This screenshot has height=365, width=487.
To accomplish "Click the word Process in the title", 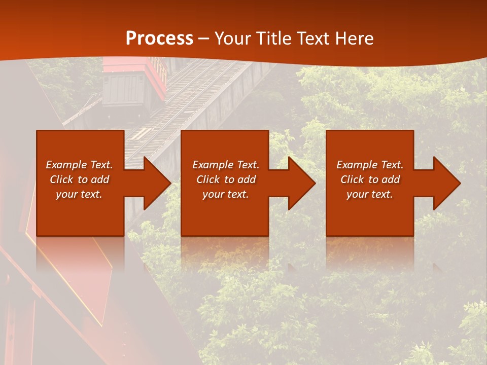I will (x=159, y=39).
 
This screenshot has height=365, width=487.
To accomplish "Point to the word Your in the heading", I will (x=233, y=39).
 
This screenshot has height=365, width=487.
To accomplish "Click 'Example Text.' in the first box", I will (x=79, y=165).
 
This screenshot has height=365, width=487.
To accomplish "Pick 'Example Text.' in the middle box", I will (x=226, y=165).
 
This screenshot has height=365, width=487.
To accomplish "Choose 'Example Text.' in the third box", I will (x=370, y=165).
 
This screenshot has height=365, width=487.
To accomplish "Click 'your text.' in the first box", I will (x=79, y=194).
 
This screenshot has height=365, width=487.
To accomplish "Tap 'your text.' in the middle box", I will (x=226, y=194).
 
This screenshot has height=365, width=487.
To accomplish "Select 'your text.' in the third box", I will (x=370, y=194).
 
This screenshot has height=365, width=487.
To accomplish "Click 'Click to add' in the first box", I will (x=79, y=179).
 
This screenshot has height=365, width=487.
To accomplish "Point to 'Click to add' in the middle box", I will (x=226, y=179).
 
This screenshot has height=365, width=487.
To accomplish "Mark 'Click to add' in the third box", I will (x=370, y=179).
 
